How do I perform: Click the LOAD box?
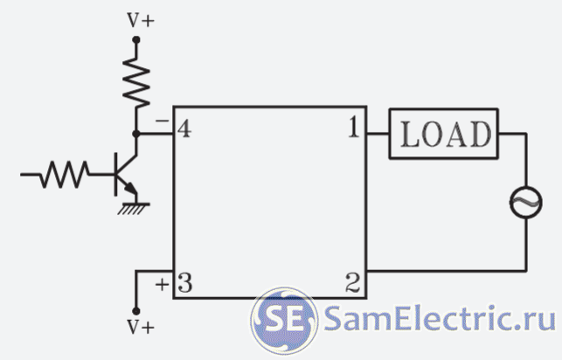[443, 134]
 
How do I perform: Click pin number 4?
[184, 130]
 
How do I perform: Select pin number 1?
[353, 129]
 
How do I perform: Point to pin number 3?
[184, 283]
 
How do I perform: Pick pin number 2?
[353, 283]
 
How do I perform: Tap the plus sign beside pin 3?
[162, 283]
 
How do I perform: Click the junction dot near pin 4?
[136, 134]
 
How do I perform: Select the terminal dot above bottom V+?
[136, 311]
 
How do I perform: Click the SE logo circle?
[282, 318]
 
